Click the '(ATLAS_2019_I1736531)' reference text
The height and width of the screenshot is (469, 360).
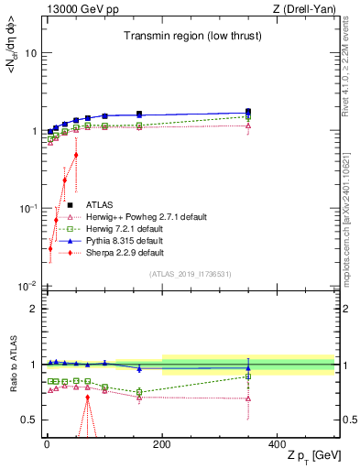point(191,274)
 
